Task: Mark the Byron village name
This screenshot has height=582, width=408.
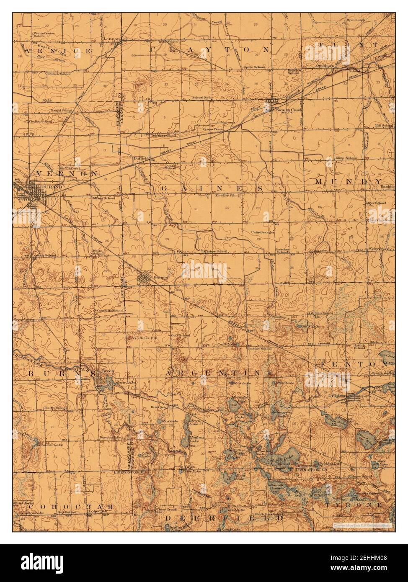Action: point(108,371)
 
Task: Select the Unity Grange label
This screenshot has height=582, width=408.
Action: point(262,232)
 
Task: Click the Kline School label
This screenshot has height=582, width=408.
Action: point(346,158)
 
